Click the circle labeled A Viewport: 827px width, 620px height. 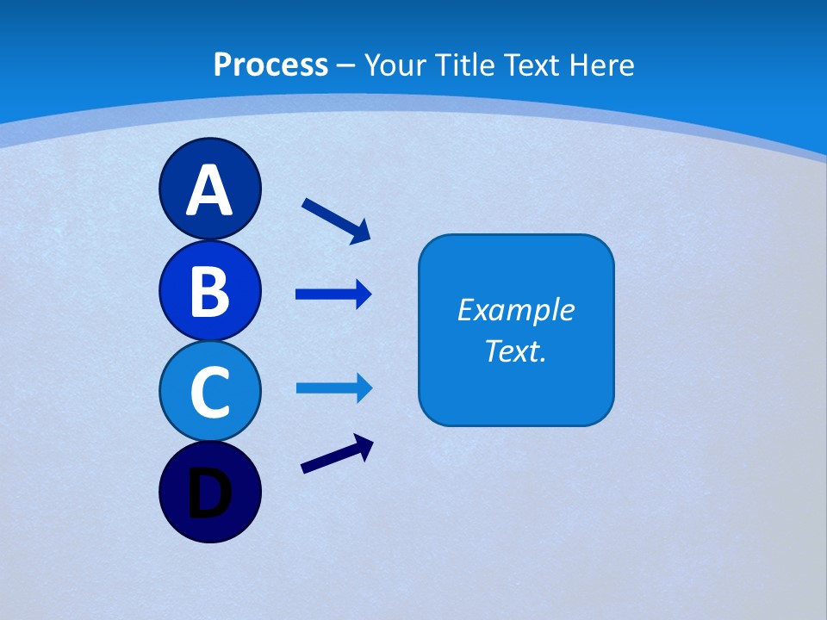click(x=209, y=189)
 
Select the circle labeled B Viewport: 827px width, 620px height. click(x=209, y=290)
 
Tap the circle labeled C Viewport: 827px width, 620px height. click(x=209, y=391)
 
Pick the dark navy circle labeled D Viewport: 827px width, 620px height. click(x=209, y=493)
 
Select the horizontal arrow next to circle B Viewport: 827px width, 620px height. click(x=333, y=294)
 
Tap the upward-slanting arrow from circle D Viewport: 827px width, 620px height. click(x=337, y=455)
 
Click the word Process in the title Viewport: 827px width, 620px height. click(x=270, y=65)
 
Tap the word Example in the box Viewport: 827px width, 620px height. click(x=515, y=310)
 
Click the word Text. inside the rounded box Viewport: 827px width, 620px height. click(x=515, y=350)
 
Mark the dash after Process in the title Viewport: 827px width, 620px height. click(x=346, y=65)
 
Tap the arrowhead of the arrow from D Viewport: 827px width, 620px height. click(x=364, y=445)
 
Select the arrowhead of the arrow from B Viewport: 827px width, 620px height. click(x=364, y=294)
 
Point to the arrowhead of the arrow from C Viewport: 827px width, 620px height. click(x=364, y=388)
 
